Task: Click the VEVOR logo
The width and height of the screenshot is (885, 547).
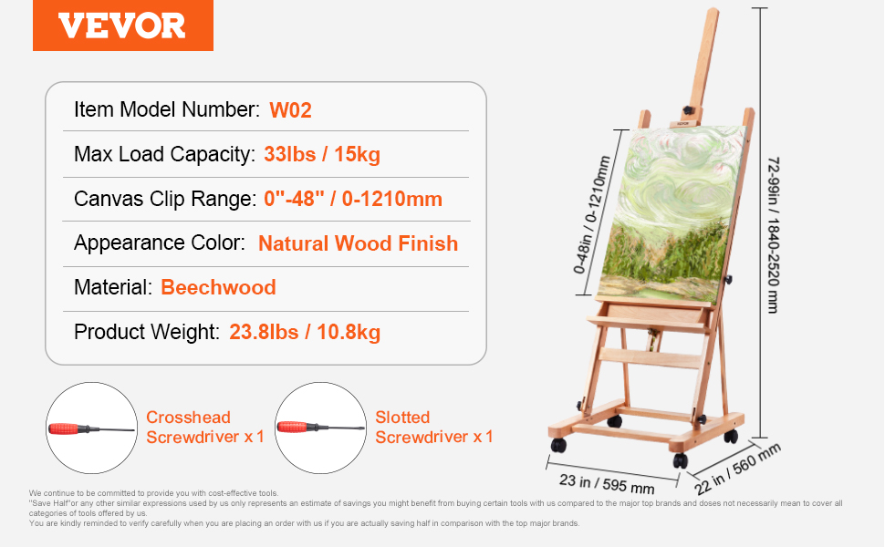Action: pyautogui.click(x=123, y=26)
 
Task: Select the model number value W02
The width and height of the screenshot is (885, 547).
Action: pyautogui.click(x=290, y=110)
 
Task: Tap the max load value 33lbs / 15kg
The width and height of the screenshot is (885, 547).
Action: pyautogui.click(x=322, y=154)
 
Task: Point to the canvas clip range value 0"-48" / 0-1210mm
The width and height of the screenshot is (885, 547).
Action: pyautogui.click(x=353, y=199)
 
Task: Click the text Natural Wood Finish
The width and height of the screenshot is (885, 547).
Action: pyautogui.click(x=358, y=243)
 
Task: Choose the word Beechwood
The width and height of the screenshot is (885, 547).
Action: pyautogui.click(x=218, y=287)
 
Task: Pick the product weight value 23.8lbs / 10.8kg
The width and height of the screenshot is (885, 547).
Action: pyautogui.click(x=305, y=332)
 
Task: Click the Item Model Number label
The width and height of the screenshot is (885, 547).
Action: pyautogui.click(x=167, y=109)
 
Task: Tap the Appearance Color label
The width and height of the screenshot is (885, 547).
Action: pyautogui.click(x=160, y=243)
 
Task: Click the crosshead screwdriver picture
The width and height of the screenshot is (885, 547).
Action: pyautogui.click(x=91, y=428)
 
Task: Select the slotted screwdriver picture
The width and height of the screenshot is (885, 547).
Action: pyautogui.click(x=320, y=428)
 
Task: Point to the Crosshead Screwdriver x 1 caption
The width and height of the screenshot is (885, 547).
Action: pyautogui.click(x=205, y=427)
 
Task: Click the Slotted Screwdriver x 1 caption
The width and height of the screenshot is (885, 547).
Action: pyautogui.click(x=434, y=427)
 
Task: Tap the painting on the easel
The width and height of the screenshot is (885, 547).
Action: pyautogui.click(x=672, y=214)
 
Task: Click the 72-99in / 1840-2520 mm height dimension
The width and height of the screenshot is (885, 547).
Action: pyautogui.click(x=774, y=235)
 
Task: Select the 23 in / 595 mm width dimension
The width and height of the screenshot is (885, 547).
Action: pyautogui.click(x=608, y=484)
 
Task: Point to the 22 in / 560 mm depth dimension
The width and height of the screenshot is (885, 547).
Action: pyautogui.click(x=737, y=469)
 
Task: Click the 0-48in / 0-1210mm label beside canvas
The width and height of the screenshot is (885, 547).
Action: pyautogui.click(x=591, y=215)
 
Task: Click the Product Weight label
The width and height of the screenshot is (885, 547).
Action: pyautogui.click(x=147, y=332)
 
